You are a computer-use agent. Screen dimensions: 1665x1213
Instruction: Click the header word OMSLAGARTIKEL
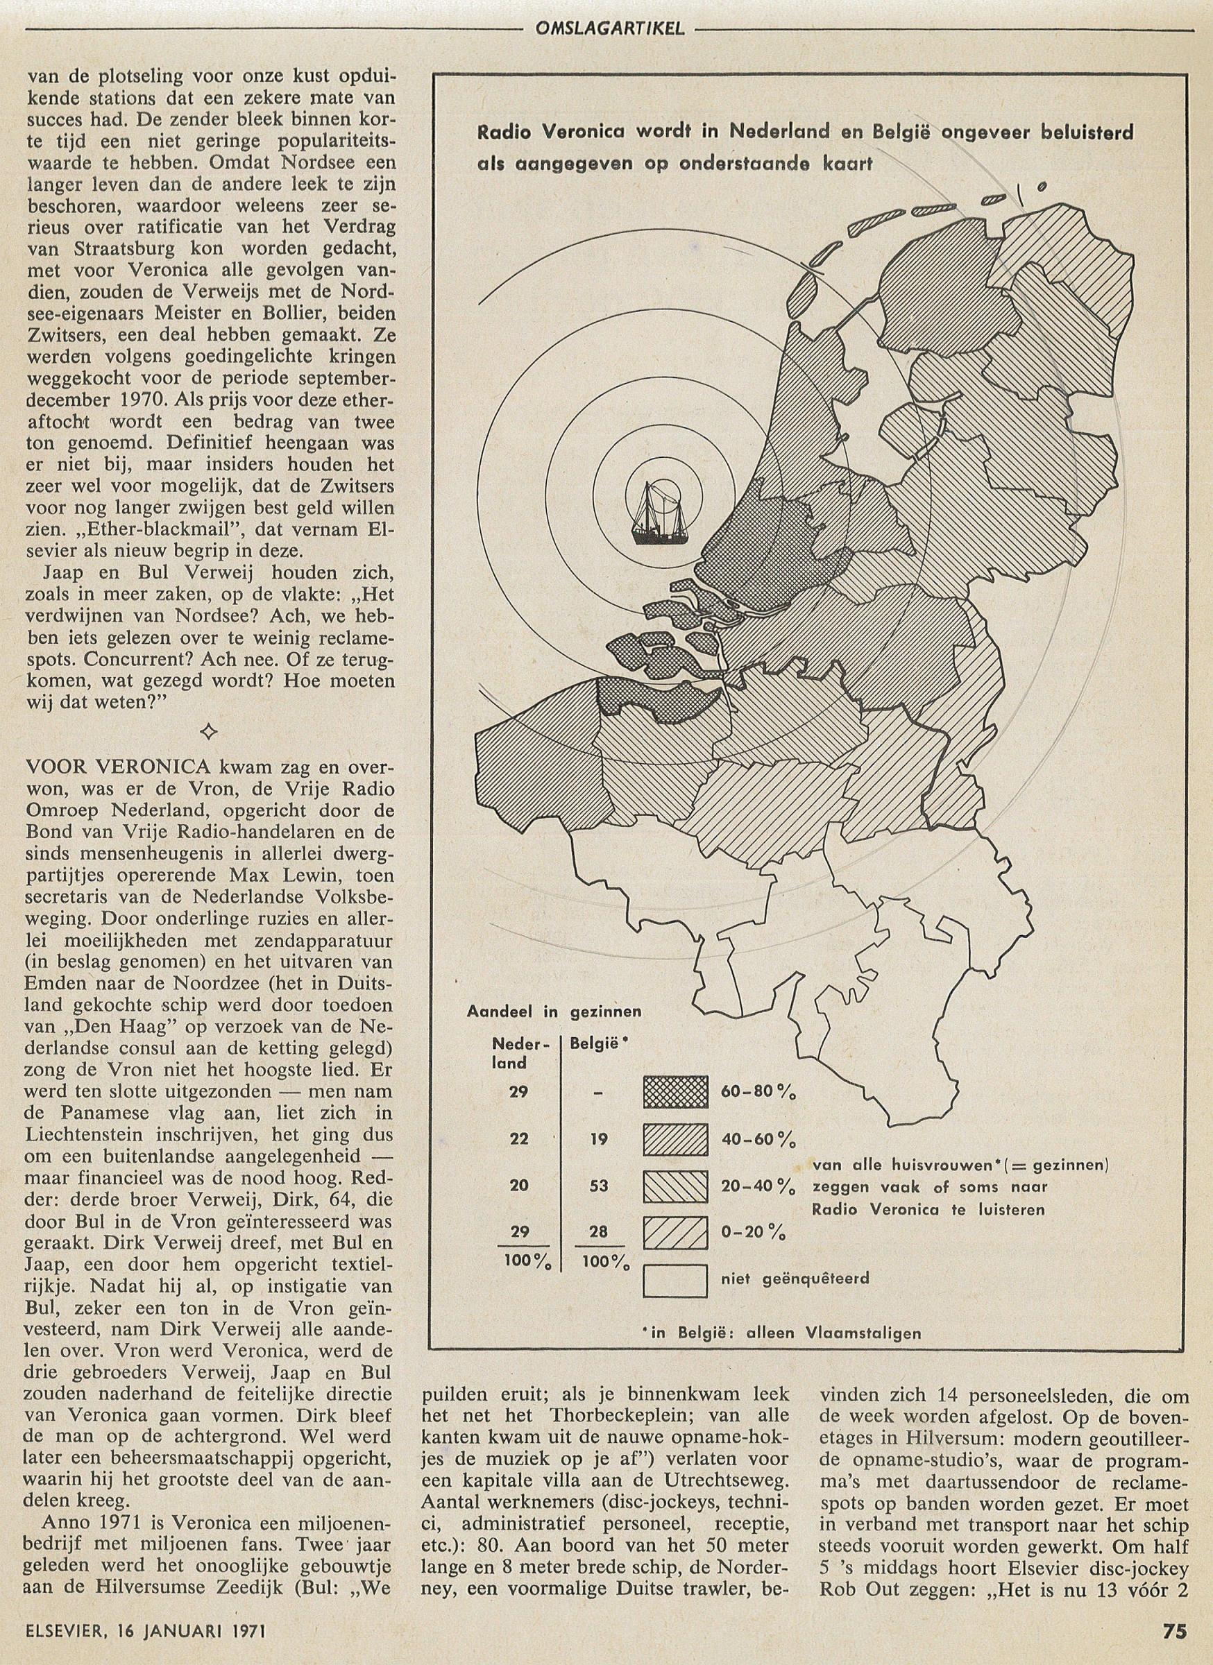click(606, 28)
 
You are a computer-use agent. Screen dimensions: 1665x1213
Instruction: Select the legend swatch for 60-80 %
click(675, 1092)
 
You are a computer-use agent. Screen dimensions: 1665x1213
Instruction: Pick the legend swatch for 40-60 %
click(675, 1139)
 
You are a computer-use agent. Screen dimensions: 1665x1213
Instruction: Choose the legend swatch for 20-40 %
click(675, 1186)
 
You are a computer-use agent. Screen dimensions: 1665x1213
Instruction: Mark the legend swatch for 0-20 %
click(675, 1233)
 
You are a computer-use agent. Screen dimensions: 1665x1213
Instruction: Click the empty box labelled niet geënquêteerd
click(675, 1279)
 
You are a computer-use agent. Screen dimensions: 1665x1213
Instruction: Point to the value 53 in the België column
click(598, 1186)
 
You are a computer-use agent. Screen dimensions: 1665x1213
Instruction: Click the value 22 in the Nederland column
click(520, 1138)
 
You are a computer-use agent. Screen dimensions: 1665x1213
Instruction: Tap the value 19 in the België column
click(598, 1138)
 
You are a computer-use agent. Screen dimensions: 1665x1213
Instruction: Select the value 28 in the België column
click(598, 1233)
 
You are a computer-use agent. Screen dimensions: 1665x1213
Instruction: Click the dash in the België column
click(598, 1093)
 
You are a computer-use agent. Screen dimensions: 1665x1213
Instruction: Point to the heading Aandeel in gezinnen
click(554, 1011)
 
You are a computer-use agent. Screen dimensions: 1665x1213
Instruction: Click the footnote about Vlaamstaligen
click(786, 1333)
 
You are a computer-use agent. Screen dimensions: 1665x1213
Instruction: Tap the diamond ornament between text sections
click(210, 731)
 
